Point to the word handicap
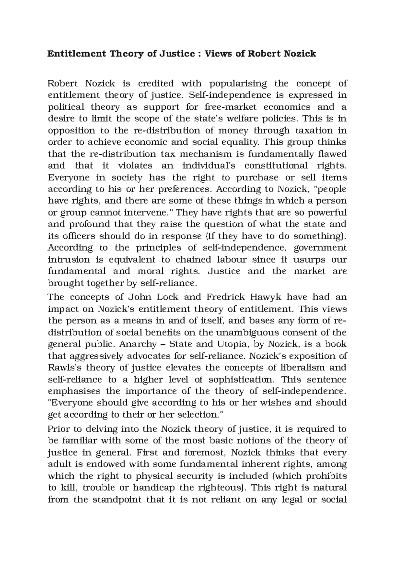(x=154, y=488)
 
